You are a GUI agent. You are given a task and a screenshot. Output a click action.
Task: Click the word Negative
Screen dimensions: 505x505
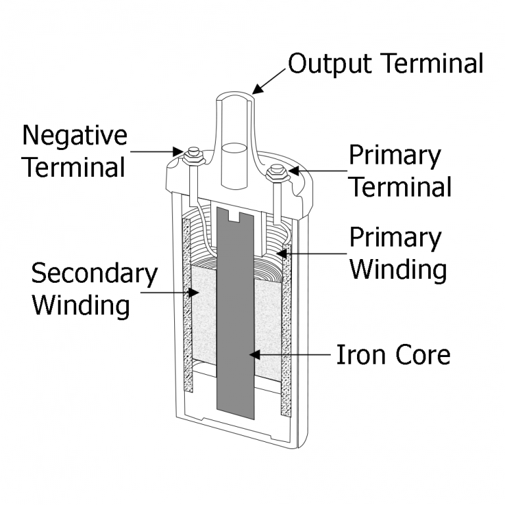tap(74, 136)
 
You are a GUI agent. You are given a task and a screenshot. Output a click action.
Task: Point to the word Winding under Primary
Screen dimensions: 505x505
tap(398, 270)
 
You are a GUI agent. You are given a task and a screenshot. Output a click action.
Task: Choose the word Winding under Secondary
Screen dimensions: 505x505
tap(81, 306)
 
